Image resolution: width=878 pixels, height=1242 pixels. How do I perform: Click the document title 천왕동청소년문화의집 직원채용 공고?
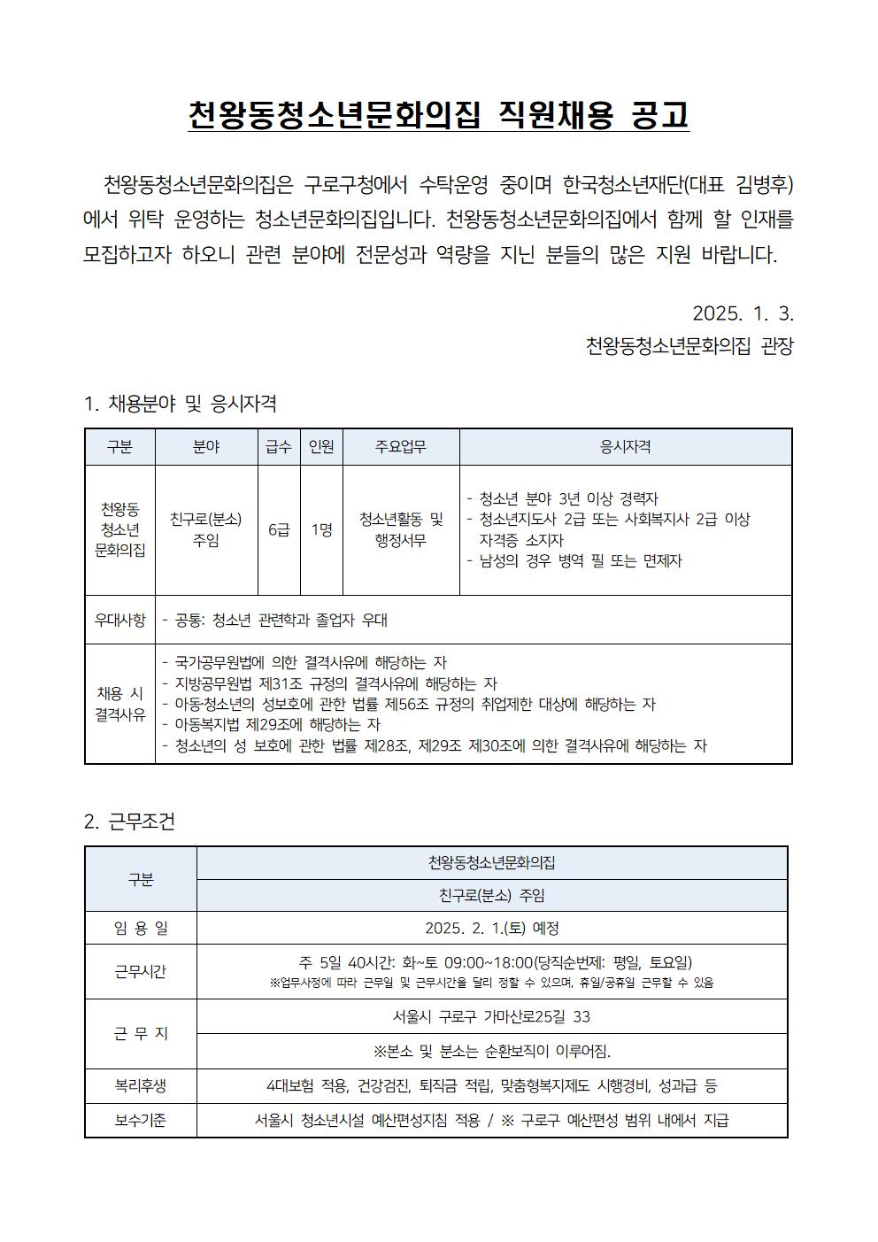(438, 116)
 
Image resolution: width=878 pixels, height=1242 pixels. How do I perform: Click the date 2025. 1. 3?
(743, 313)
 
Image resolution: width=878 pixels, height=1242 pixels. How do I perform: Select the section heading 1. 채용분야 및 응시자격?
(180, 405)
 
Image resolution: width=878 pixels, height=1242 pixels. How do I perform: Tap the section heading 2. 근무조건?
(129, 822)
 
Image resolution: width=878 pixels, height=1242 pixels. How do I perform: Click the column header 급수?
(279, 447)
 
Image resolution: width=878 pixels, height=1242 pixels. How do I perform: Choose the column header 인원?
(321, 447)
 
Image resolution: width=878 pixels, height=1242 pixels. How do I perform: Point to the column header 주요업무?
(401, 447)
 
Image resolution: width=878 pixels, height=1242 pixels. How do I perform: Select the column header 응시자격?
(626, 447)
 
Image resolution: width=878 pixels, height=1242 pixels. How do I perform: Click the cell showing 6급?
(279, 529)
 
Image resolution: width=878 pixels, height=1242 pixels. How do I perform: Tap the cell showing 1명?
(321, 529)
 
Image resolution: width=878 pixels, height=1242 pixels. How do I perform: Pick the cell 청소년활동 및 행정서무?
(401, 529)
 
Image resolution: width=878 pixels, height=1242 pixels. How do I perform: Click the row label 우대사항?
(120, 620)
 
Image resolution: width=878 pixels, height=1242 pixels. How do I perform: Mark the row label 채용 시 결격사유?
(120, 704)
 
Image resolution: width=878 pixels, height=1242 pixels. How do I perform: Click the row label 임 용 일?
(141, 928)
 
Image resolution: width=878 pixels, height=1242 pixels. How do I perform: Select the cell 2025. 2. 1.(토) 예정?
(492, 928)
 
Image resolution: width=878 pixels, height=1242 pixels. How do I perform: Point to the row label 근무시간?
(141, 971)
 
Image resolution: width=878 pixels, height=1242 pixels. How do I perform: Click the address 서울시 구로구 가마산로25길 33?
(492, 1016)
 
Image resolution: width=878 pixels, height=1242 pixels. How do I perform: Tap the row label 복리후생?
(141, 1085)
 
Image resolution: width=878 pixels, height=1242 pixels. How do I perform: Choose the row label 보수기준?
(141, 1120)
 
